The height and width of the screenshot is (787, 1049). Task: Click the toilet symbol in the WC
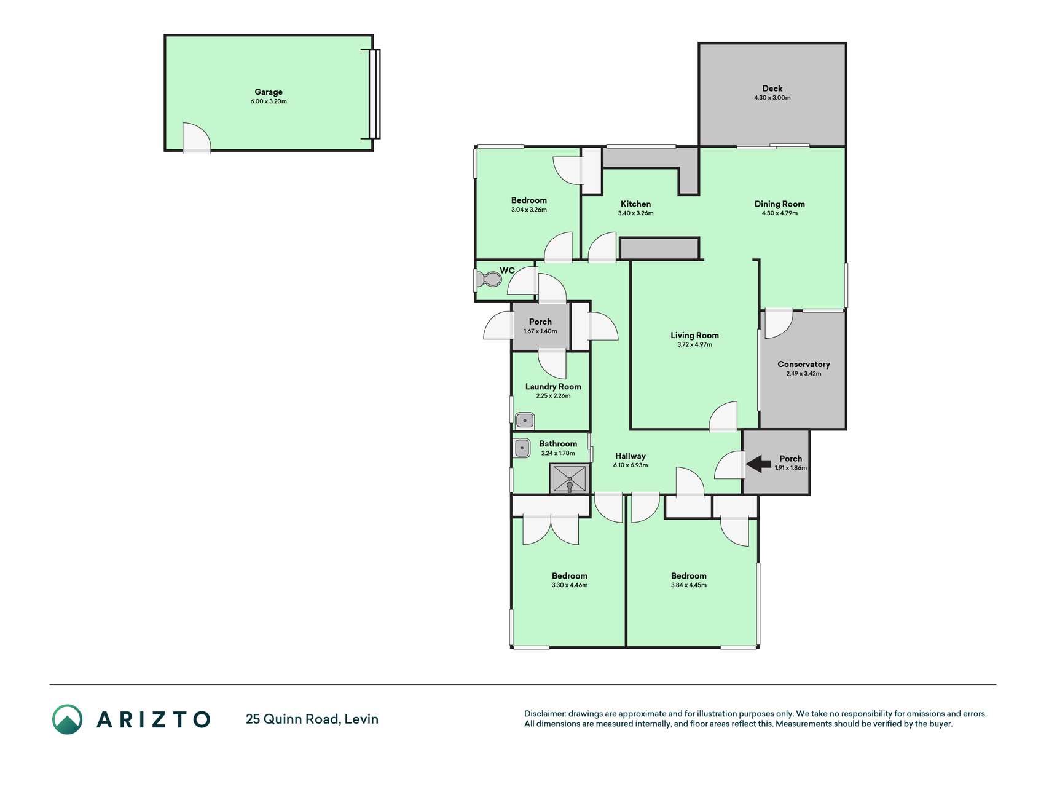click(490, 280)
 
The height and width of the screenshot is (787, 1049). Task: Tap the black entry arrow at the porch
click(758, 464)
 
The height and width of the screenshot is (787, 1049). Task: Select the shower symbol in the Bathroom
click(570, 479)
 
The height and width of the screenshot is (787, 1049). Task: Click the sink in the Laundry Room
click(525, 421)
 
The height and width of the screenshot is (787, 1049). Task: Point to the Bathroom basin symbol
click(522, 448)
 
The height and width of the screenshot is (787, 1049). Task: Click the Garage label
click(269, 92)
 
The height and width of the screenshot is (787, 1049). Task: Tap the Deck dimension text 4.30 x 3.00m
click(772, 98)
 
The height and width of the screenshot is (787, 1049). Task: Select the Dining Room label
click(779, 204)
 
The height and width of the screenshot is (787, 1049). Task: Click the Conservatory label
click(803, 364)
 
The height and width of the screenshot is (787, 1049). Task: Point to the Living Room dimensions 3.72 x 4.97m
click(694, 345)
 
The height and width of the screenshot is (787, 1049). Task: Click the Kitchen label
click(635, 204)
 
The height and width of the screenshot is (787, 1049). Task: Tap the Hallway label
click(631, 456)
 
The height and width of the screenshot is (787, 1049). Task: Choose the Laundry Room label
click(553, 386)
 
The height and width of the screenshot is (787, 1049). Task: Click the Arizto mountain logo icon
click(67, 719)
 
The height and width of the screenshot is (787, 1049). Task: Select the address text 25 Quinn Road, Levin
click(312, 719)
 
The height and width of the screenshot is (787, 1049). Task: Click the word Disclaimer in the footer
click(545, 714)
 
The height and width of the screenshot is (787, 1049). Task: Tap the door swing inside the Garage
click(197, 137)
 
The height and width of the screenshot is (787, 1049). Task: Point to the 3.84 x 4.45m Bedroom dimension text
click(688, 585)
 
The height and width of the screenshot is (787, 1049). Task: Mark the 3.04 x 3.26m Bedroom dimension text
click(528, 210)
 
